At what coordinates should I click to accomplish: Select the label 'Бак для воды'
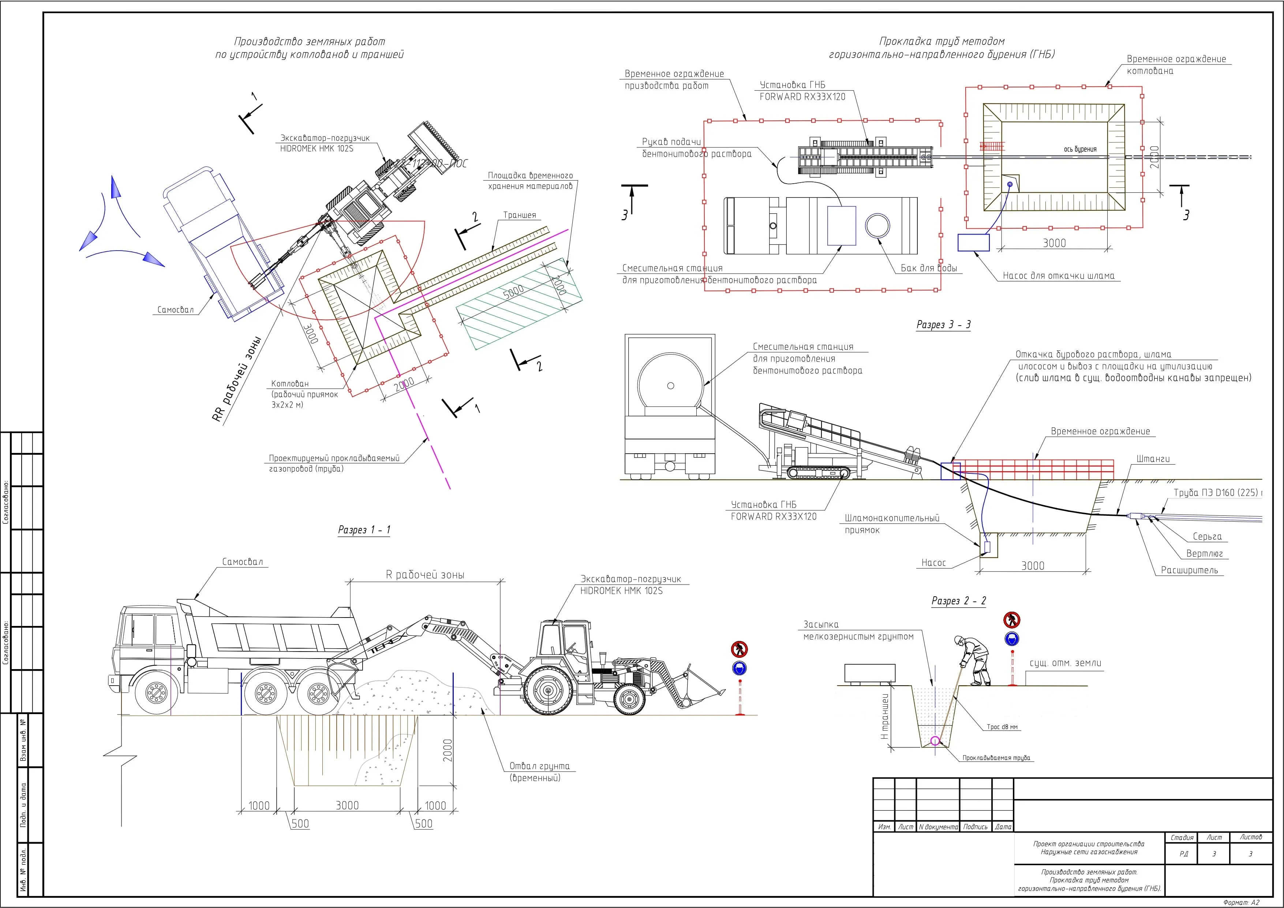pos(928,269)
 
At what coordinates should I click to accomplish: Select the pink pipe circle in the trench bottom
pos(935,742)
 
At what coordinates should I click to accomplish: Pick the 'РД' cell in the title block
pos(1183,854)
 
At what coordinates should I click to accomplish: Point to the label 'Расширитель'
pos(1189,570)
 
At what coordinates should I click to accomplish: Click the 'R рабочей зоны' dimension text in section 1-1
pos(425,575)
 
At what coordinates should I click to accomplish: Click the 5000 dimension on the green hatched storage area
pos(513,291)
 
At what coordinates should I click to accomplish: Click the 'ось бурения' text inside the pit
pos(1080,149)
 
